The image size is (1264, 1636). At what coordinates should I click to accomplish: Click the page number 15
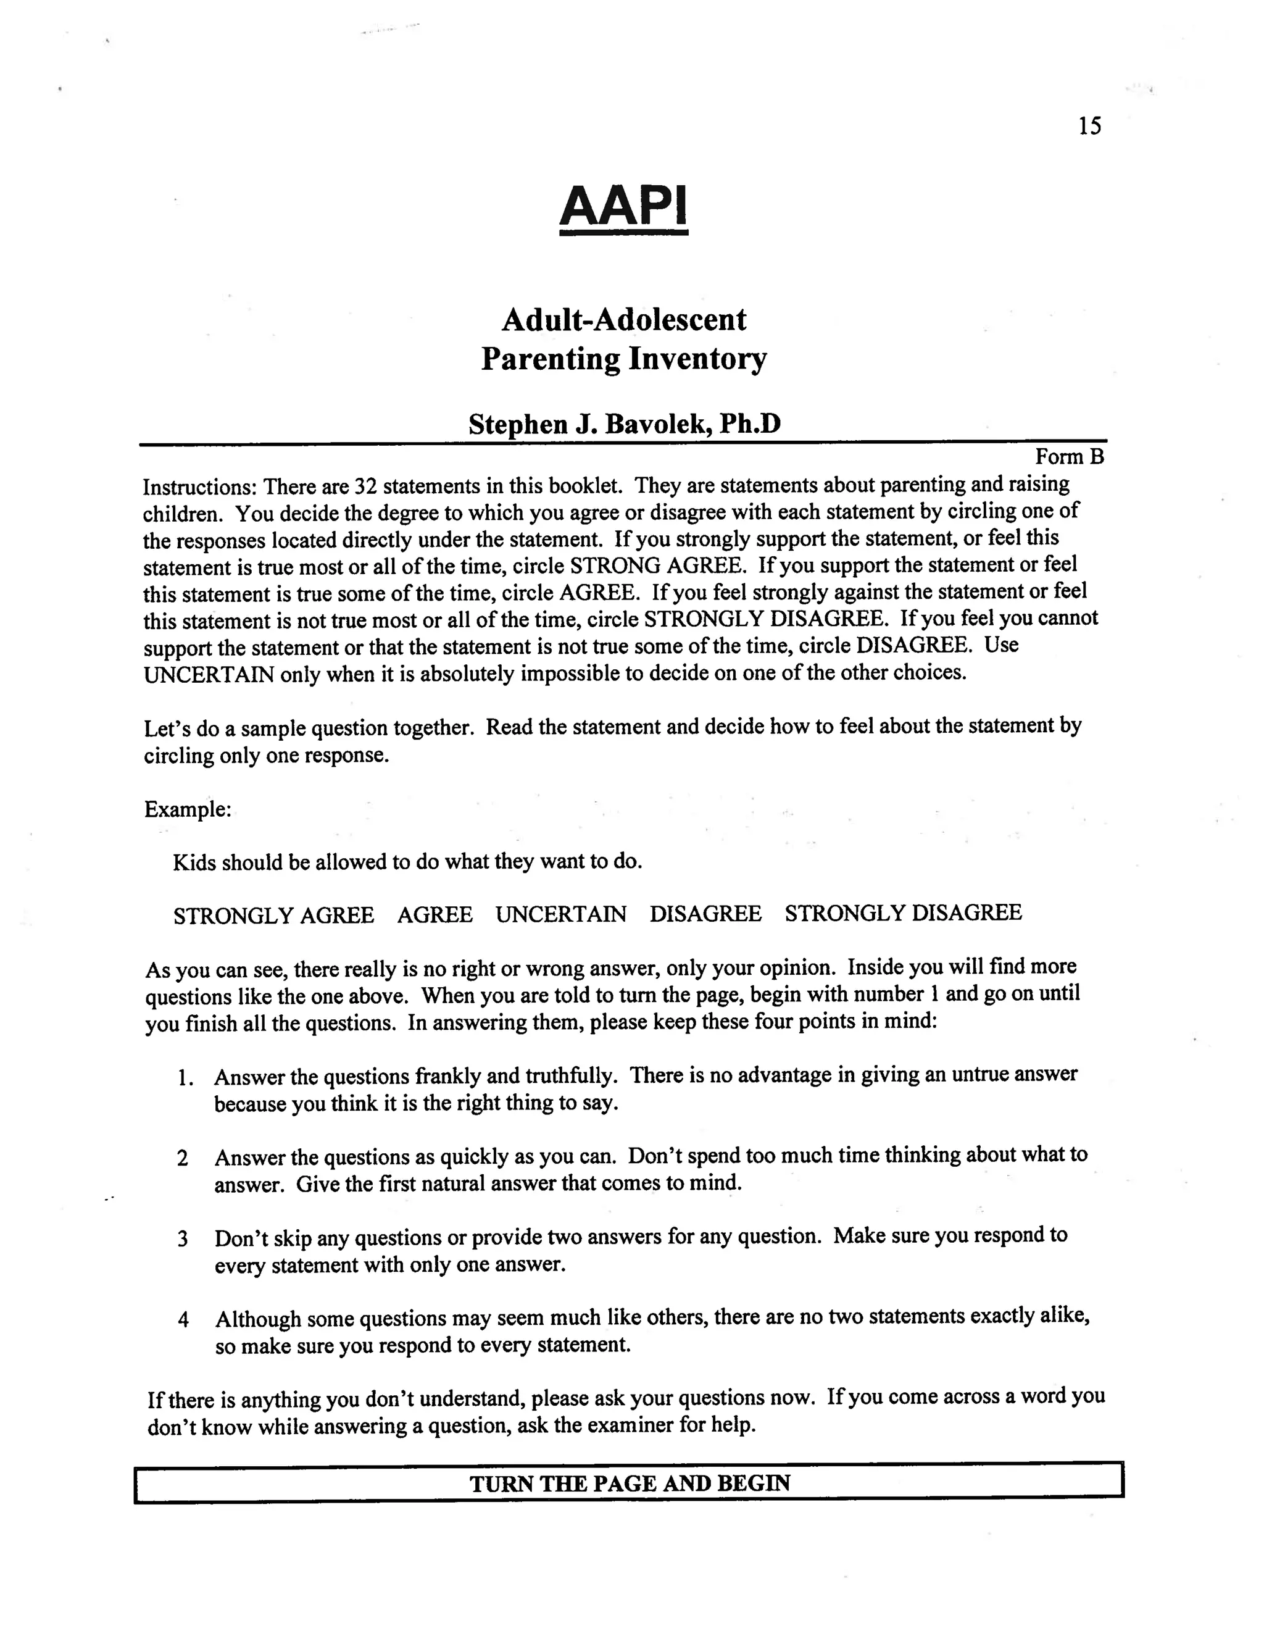click(x=1089, y=126)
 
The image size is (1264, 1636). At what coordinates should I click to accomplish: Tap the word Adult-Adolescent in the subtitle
click(x=624, y=320)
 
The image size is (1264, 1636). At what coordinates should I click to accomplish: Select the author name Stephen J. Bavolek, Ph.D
click(x=625, y=425)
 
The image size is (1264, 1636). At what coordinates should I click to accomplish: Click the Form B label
click(x=1070, y=457)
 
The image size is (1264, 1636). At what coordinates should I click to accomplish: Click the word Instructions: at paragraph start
click(x=200, y=488)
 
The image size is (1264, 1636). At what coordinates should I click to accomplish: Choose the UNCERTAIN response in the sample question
click(x=561, y=915)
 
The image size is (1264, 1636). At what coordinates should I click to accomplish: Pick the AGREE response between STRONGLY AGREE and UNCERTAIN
click(x=435, y=916)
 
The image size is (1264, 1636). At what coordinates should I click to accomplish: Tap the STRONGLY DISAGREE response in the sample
click(x=903, y=913)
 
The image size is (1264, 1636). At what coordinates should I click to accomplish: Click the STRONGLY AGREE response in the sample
click(x=274, y=916)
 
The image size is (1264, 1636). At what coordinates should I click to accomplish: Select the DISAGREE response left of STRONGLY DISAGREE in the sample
click(x=705, y=914)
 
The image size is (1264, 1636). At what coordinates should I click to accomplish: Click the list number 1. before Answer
click(x=185, y=1079)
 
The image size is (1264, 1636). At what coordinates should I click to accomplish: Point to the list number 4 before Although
click(x=183, y=1320)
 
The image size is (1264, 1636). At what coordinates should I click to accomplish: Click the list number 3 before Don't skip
click(x=183, y=1239)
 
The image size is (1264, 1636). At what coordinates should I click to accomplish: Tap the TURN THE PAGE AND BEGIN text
click(x=630, y=1484)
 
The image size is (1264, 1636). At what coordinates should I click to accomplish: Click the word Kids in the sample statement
click(x=194, y=863)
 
